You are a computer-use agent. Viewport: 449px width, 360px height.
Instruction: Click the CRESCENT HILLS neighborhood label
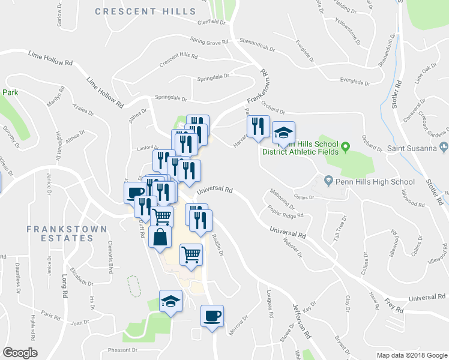coord(145,11)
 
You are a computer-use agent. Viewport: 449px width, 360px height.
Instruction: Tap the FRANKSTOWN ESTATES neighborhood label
coord(67,233)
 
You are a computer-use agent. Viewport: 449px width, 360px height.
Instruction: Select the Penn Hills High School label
coord(375,181)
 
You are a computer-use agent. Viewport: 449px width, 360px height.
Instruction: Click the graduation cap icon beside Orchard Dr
coord(283,133)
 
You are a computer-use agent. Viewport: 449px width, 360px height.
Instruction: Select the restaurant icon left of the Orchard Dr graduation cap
coord(258,126)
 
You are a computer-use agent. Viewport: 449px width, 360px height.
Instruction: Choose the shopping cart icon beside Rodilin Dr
coord(191,254)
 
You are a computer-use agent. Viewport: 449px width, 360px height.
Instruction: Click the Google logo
coord(20,353)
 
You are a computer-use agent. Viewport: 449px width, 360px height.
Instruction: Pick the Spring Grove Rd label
coord(209,42)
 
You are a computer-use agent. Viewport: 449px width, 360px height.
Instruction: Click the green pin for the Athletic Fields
coord(345,146)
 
